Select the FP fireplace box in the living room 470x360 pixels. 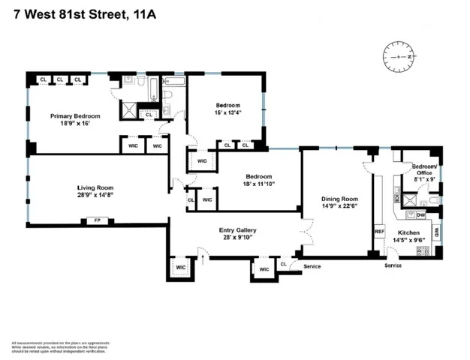pos(97,220)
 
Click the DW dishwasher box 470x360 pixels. pos(421,214)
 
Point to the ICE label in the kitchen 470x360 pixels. pos(396,199)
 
